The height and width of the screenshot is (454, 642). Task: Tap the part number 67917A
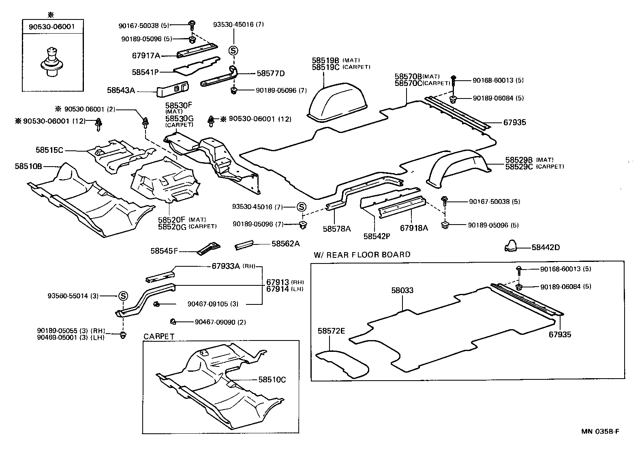[146, 56]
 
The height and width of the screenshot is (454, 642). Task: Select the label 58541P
[145, 72]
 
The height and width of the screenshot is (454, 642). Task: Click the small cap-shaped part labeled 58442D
[511, 246]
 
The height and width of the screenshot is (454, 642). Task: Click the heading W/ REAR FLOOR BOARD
[362, 255]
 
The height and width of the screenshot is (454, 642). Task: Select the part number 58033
[402, 290]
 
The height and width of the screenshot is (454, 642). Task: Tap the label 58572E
[331, 331]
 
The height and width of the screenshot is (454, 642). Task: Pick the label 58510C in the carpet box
[272, 380]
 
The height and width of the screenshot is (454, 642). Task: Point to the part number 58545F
[164, 251]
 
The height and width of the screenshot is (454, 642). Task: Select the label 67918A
[414, 228]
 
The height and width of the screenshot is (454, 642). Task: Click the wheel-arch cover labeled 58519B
[337, 101]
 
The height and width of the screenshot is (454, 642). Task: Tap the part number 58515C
[49, 150]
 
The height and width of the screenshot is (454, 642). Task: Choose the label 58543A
[121, 90]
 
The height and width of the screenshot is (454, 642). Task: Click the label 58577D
[271, 73]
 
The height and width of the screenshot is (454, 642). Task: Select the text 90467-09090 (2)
[220, 322]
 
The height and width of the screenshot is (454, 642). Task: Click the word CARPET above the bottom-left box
[159, 336]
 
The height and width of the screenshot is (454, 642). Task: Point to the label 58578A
[337, 229]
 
